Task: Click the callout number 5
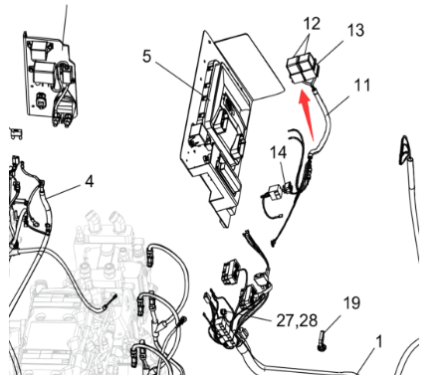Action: (x=146, y=57)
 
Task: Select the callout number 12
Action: (x=312, y=24)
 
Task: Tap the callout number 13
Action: (x=355, y=30)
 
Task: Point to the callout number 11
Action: (x=362, y=86)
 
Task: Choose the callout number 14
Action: (x=278, y=153)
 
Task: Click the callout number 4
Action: (x=90, y=182)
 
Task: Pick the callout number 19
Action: (x=351, y=303)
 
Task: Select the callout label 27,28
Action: (x=297, y=320)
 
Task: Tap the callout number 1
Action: (x=378, y=342)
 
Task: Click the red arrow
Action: (x=307, y=114)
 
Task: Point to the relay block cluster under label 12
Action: (x=303, y=70)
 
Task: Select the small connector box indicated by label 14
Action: (x=274, y=191)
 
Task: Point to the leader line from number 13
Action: (x=330, y=52)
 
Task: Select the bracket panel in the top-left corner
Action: (x=51, y=80)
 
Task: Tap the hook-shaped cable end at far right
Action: (x=405, y=150)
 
